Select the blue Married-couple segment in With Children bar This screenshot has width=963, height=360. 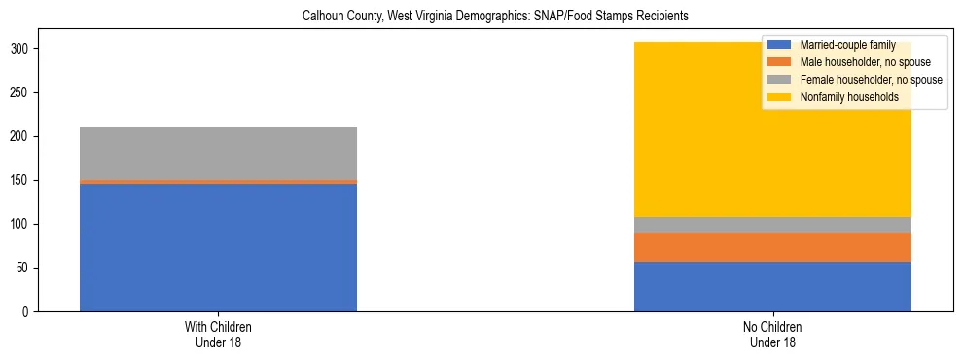(218, 247)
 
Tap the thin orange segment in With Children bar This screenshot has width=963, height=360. (218, 182)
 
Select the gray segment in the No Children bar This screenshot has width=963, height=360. (772, 225)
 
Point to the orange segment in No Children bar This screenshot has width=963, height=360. (772, 248)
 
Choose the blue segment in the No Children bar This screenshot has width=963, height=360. (772, 286)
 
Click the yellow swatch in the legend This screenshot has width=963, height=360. (778, 97)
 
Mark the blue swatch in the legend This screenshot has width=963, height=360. (778, 45)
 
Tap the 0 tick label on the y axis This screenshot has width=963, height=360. (29, 311)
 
